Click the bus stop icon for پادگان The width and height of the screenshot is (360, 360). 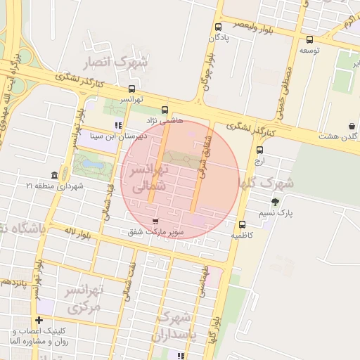pos(218,27)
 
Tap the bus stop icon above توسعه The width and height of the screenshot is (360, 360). pos(310,39)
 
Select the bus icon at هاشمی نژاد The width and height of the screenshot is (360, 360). pos(165,110)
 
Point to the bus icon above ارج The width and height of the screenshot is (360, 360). pos(260,150)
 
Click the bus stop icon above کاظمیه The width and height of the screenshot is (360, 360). pos(242,225)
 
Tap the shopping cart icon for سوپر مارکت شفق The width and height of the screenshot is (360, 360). pos(154,221)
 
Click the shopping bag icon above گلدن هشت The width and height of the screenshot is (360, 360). pos(351,127)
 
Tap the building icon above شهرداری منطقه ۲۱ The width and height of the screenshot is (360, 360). pos(54,175)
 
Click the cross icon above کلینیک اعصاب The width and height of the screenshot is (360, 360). pos(39,321)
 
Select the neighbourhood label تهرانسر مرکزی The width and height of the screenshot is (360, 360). pos(84,299)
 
